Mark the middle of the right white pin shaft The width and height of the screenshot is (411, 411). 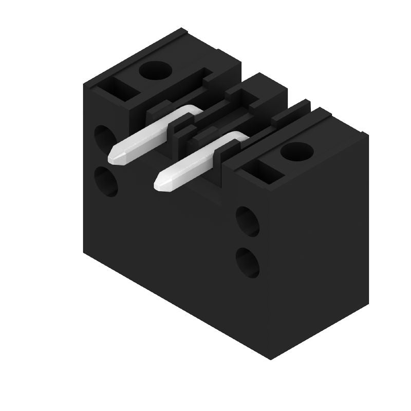[193, 160]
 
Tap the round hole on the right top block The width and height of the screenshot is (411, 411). [297, 151]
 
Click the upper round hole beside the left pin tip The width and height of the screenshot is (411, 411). [105, 138]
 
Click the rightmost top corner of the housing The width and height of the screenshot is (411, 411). [368, 135]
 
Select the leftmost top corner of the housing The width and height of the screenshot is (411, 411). [84, 85]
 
